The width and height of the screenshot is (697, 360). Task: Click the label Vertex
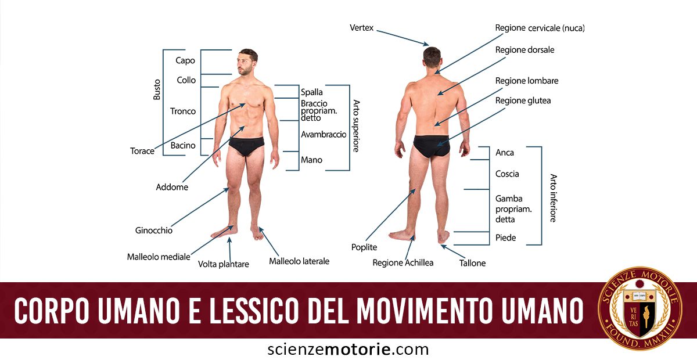361,28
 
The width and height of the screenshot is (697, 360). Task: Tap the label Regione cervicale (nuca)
540,28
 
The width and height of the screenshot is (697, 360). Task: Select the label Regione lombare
527,81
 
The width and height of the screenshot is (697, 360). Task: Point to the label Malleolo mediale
159,257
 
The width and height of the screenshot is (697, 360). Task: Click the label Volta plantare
224,264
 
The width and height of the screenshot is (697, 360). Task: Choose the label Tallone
472,263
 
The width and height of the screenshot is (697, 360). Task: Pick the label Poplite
364,247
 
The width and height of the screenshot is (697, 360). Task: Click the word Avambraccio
324,134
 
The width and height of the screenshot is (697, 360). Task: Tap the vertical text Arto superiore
356,125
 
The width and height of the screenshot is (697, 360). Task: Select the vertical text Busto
157,89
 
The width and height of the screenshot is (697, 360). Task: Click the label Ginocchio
154,231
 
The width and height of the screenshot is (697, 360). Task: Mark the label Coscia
507,174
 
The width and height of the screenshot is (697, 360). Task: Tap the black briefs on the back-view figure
432,145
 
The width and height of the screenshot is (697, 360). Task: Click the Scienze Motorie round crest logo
640,308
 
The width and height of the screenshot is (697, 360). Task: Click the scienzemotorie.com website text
348,349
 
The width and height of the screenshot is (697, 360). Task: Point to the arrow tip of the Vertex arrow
429,45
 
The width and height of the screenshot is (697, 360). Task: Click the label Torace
142,151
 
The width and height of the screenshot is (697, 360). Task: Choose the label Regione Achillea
403,262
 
